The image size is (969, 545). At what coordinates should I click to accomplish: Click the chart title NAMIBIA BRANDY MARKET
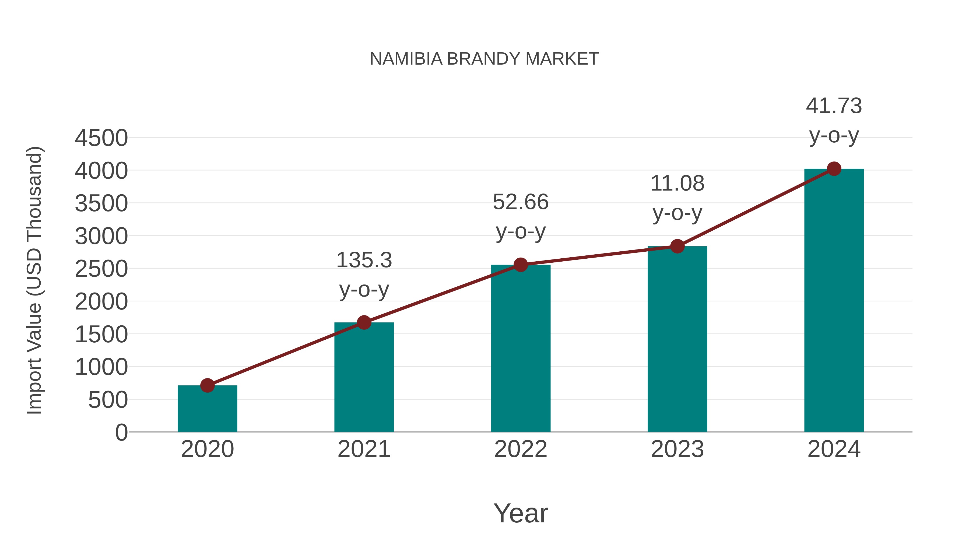[x=484, y=59]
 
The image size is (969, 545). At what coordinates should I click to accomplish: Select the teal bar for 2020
[x=207, y=410]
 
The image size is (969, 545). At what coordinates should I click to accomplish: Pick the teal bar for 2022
[x=521, y=350]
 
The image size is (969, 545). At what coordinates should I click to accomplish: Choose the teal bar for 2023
[x=677, y=340]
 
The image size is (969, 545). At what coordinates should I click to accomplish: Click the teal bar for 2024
[x=834, y=301]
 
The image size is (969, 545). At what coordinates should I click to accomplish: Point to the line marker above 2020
[x=207, y=385]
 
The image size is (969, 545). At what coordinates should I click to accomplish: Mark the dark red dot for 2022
[x=521, y=265]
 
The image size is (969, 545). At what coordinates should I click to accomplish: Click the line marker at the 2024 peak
[x=834, y=169]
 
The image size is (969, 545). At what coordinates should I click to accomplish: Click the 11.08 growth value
[x=677, y=184]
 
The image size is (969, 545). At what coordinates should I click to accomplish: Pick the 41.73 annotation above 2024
[x=834, y=106]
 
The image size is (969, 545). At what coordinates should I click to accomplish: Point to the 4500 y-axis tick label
[x=101, y=138]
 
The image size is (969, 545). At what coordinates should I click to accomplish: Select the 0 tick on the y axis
[x=121, y=432]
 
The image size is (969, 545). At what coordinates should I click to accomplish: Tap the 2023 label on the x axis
[x=677, y=449]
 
